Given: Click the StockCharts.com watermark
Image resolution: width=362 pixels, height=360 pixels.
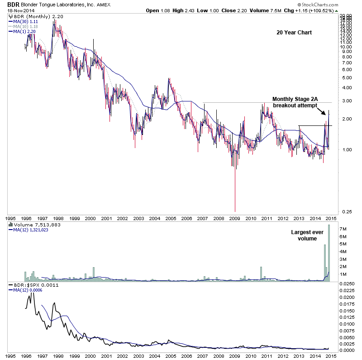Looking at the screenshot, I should click(335, 4).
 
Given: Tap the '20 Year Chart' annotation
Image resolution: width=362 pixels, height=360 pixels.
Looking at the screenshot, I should click(294, 33).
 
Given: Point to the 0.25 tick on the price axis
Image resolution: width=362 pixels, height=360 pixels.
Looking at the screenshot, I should click(345, 211).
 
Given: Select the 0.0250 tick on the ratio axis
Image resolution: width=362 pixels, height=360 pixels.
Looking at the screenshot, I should click(348, 284).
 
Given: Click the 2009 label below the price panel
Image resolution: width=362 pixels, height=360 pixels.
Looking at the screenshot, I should click(235, 218).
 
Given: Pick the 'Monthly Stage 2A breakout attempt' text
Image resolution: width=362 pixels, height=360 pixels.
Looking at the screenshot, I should click(295, 102).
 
